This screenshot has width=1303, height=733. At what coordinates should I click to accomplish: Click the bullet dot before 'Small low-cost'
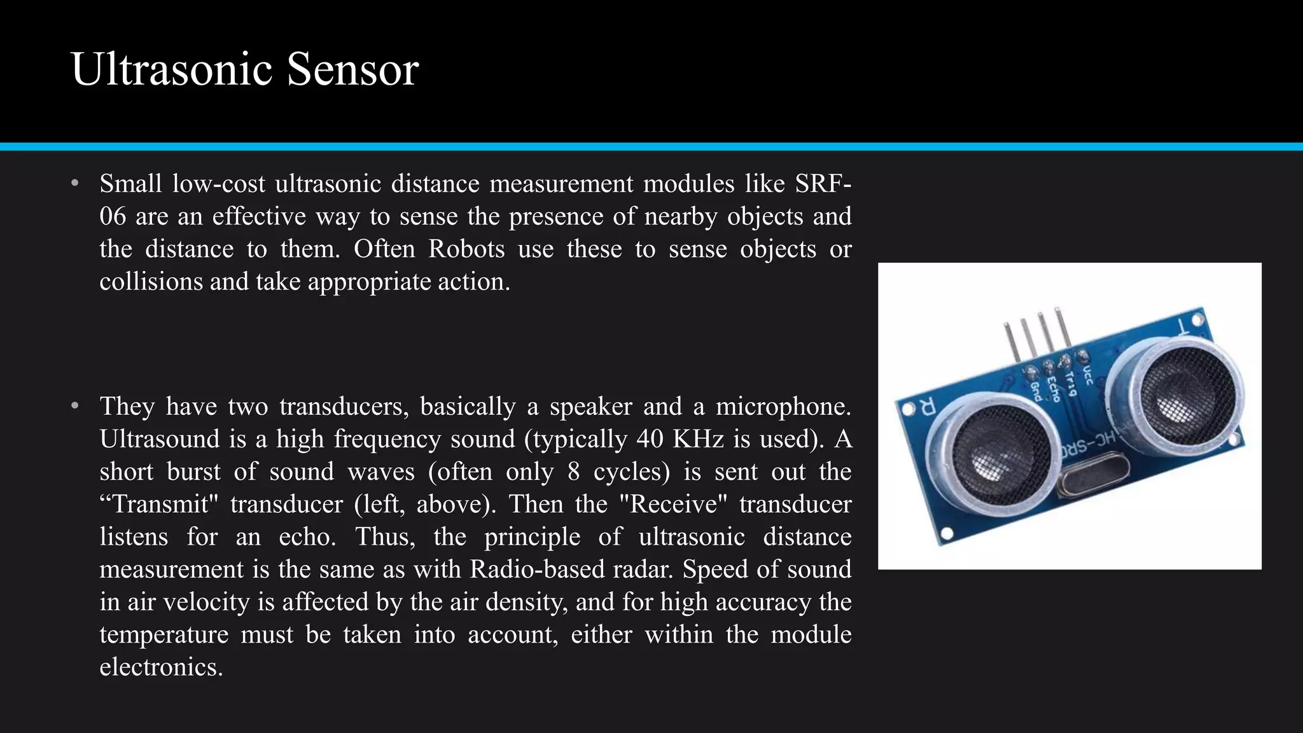tap(75, 184)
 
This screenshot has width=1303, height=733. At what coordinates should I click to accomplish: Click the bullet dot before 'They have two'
tap(75, 406)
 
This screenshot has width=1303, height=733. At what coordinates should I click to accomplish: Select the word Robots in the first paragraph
tap(466, 249)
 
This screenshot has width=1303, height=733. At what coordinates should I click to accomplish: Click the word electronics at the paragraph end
tap(161, 667)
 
